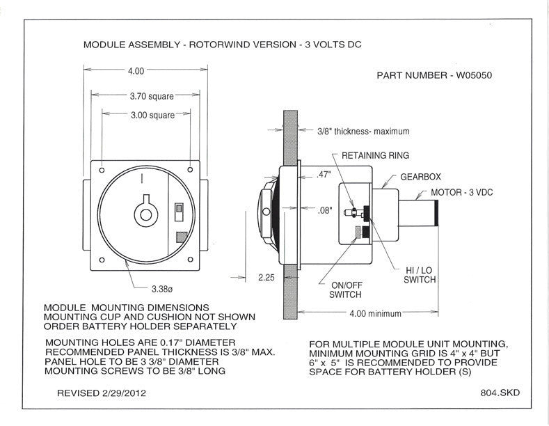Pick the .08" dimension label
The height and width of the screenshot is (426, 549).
pyautogui.click(x=324, y=210)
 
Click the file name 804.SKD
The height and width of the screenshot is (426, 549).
pyautogui.click(x=500, y=393)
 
